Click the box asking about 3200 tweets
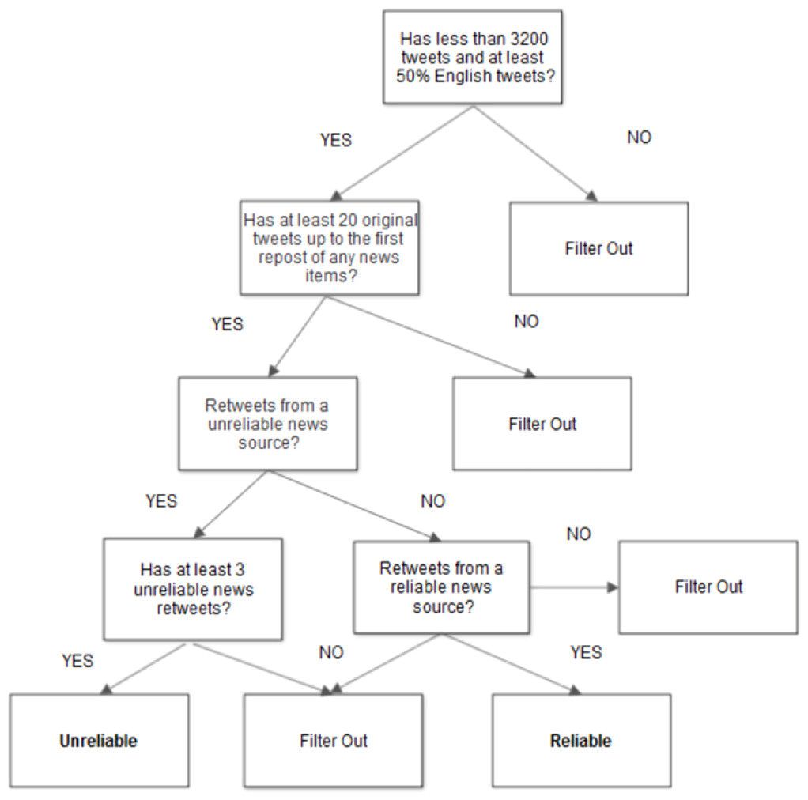[473, 57]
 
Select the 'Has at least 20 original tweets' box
[329, 247]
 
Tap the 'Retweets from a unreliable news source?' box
[268, 424]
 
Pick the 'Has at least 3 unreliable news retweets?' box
[193, 589]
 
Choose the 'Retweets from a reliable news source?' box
[442, 587]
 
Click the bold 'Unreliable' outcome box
[100, 740]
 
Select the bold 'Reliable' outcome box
[581, 740]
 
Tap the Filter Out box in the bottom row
[334, 740]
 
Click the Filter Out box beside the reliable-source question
[708, 587]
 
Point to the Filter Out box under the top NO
[598, 248]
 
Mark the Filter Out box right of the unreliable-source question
[542, 424]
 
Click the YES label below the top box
[336, 140]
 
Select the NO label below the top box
[639, 137]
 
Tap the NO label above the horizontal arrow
[579, 534]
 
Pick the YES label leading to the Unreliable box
[77, 660]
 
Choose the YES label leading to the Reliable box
[586, 652]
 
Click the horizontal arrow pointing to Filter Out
[574, 587]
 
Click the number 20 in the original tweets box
[347, 220]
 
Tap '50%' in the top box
[413, 76]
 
